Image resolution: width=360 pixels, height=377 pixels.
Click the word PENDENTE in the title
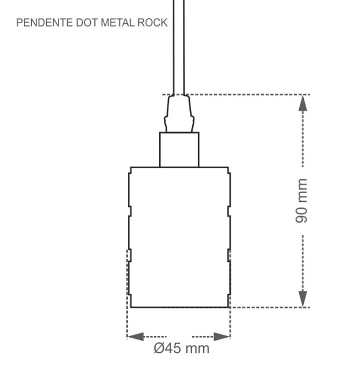tap(39, 23)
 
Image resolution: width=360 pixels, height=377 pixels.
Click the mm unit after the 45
tap(197, 349)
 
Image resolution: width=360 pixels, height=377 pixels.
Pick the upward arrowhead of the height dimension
tap(303, 103)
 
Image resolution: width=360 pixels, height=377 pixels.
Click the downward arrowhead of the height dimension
tap(303, 299)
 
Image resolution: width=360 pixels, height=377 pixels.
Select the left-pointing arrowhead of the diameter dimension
tap(135, 337)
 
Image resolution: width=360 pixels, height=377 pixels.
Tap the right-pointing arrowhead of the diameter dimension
tap(222, 337)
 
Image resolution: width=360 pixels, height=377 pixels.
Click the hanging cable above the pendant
tap(179, 46)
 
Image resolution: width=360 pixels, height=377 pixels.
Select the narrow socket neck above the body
tap(179, 150)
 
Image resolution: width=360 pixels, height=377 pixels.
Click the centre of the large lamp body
tap(179, 237)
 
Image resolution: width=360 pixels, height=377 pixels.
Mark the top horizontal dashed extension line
tap(249, 94)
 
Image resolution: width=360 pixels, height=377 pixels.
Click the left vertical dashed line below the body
tap(127, 318)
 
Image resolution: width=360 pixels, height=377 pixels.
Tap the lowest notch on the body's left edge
tap(130, 255)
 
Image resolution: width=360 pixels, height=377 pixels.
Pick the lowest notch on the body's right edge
tap(229, 255)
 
